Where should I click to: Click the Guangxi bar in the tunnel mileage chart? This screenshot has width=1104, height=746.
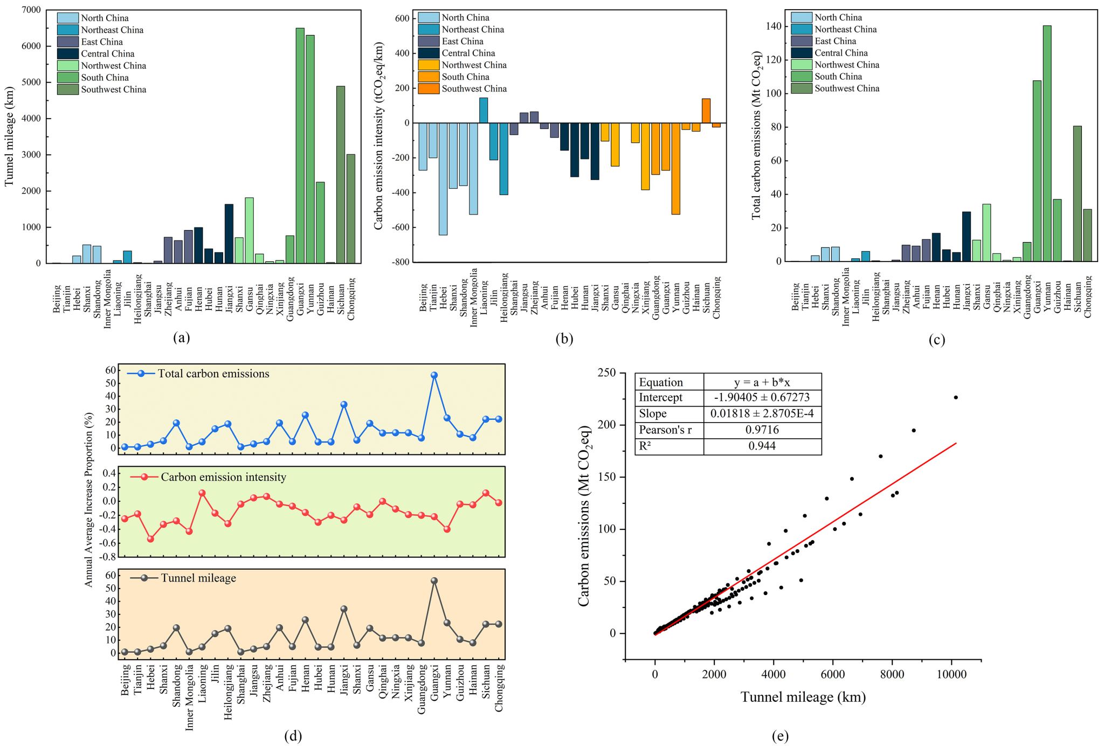pos(300,146)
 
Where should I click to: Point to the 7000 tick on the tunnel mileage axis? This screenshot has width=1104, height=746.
pos(31,10)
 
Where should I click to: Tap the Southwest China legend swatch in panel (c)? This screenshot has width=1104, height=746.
pos(801,88)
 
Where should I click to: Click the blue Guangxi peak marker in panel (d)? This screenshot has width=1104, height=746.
pos(434,375)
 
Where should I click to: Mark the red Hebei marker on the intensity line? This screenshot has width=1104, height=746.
pos(150,539)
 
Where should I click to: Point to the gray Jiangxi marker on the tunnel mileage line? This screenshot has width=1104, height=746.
pos(344,609)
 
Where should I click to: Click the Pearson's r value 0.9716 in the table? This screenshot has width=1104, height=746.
pos(763,430)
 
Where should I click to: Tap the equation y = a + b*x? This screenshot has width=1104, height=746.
pos(762,382)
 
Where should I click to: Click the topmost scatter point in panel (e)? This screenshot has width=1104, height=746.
pos(956,397)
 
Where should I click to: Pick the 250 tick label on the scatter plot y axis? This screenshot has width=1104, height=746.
pos(606,373)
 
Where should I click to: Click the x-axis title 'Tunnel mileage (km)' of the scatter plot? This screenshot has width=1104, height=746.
pos(803,697)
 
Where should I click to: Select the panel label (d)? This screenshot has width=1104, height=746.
pos(293,736)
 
